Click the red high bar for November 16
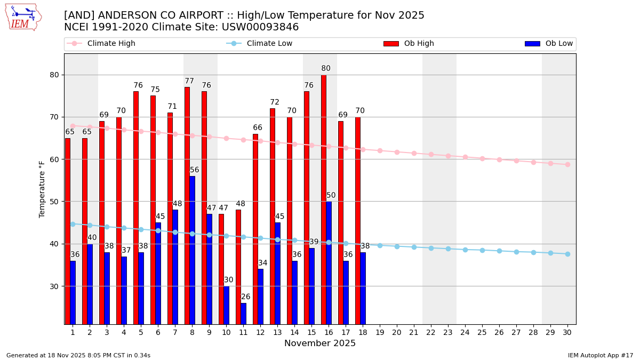(x=324, y=199)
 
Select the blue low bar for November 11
(x=244, y=314)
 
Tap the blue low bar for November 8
(x=193, y=250)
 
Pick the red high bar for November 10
(x=221, y=269)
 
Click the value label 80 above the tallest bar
(x=326, y=69)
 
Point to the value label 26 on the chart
(x=245, y=297)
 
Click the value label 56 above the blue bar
(x=195, y=170)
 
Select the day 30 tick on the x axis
(x=567, y=332)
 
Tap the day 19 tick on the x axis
(x=380, y=332)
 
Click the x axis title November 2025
(x=320, y=343)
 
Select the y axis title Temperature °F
(x=42, y=189)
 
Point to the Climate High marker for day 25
(x=482, y=158)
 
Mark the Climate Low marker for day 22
(x=431, y=248)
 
